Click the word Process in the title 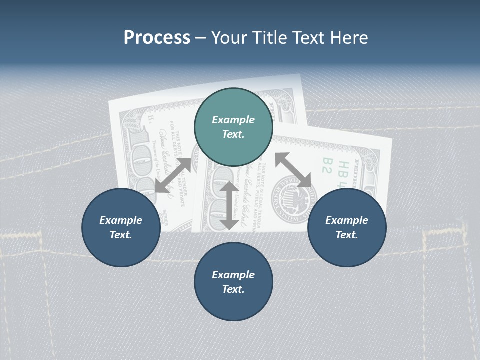pos(157,38)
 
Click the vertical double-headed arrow pos(229,205)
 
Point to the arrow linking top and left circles pos(173,175)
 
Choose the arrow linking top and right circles pos(293,170)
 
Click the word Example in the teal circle pos(233,120)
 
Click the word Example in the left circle pos(121,220)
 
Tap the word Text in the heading pos(306,38)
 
